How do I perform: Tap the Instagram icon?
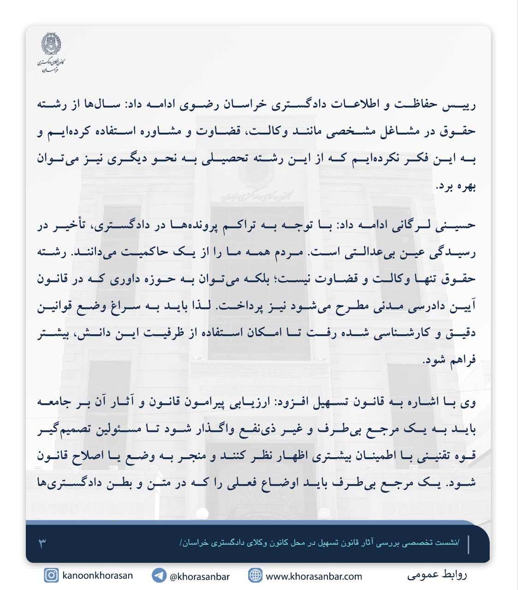51,575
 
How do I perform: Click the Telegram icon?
159,575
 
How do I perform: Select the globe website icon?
255,575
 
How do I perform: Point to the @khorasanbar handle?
199,576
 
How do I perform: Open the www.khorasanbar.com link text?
314,576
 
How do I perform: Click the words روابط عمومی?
437,575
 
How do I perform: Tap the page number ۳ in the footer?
42,543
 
